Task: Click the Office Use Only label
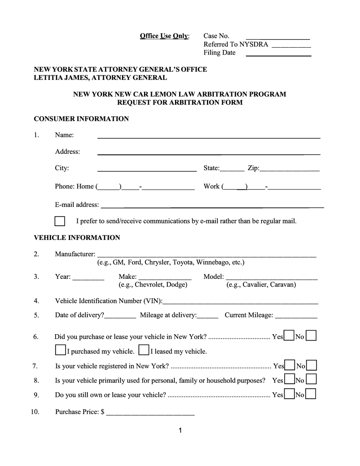coord(164,36)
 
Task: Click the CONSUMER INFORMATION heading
coord(81,119)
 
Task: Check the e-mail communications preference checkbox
coord(60,221)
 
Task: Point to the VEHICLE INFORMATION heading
coord(77,238)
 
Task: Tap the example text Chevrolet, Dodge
coord(153,285)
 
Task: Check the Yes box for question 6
coord(289,336)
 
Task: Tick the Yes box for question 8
coord(289,380)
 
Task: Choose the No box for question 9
coord(311,394)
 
